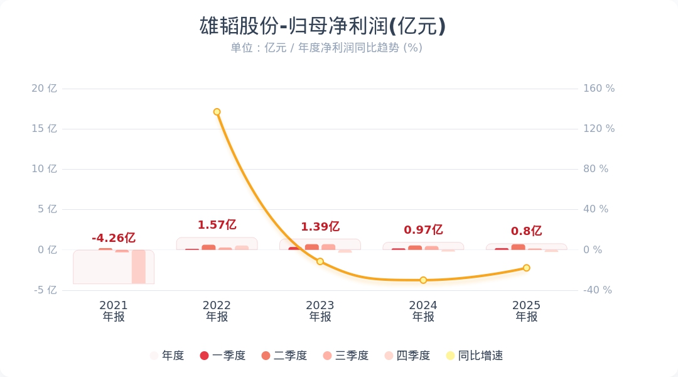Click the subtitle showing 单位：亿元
[326, 48]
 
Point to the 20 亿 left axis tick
[44, 89]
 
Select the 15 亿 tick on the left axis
[44, 129]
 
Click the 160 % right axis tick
[599, 89]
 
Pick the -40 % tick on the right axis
[598, 290]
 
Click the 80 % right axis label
[596, 169]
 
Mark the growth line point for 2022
[217, 112]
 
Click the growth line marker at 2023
[320, 261]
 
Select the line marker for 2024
[423, 280]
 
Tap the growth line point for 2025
[527, 268]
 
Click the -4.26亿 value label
[114, 238]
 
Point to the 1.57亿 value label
[217, 225]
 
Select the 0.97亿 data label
[423, 230]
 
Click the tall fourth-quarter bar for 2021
[139, 266]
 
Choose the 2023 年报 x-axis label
[320, 311]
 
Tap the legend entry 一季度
[222, 356]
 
